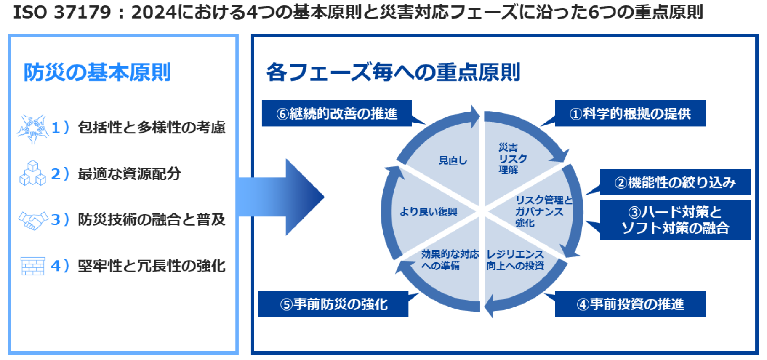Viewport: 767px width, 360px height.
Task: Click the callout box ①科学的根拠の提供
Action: [630, 113]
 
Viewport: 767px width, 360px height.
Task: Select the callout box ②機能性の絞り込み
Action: [675, 182]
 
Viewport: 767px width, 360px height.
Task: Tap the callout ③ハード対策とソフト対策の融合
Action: [675, 220]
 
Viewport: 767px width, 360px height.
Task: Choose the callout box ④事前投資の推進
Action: [630, 304]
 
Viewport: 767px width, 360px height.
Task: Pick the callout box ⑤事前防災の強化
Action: [333, 304]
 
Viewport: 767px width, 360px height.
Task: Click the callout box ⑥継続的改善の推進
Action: [336, 113]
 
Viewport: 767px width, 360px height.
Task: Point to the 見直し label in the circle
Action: [453, 160]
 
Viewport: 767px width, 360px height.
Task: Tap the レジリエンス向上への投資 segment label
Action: [515, 260]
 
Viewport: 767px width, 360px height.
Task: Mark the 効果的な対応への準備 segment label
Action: [449, 260]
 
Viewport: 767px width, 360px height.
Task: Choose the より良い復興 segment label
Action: [428, 211]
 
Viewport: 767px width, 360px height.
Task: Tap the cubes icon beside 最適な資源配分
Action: [32, 173]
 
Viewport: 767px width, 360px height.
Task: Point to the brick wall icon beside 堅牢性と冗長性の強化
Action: [32, 266]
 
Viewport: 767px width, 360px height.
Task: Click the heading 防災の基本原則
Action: [97, 72]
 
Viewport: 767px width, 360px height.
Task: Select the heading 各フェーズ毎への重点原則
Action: [393, 72]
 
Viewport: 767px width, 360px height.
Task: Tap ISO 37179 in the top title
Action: [62, 12]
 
